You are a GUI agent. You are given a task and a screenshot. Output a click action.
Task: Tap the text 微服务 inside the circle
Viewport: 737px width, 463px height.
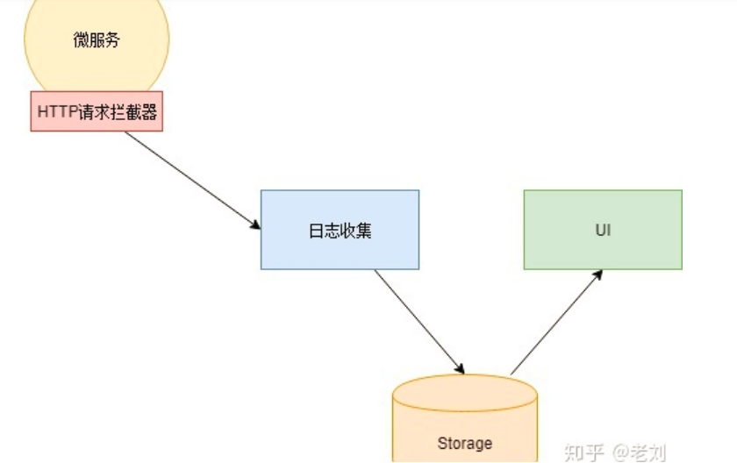(97, 39)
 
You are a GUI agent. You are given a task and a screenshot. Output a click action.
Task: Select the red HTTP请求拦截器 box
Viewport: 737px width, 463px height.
(97, 112)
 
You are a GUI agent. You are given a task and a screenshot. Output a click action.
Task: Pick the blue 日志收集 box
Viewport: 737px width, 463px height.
(340, 230)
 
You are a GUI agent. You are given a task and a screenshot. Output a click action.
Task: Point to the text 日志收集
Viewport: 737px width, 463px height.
(340, 231)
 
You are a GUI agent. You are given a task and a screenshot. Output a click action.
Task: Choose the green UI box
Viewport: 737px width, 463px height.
(603, 230)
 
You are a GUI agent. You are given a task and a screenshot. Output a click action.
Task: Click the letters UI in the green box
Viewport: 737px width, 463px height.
(603, 231)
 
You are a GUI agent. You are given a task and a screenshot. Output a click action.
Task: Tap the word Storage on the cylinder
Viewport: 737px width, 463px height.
(464, 443)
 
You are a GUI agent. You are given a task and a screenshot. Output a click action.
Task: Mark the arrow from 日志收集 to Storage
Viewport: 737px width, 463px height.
(419, 321)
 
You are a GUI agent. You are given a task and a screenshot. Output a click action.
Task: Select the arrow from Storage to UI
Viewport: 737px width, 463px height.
(556, 322)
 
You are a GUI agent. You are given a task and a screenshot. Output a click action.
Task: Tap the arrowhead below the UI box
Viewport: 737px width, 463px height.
(598, 274)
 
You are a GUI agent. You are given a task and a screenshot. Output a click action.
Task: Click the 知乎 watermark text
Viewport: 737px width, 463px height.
(585, 452)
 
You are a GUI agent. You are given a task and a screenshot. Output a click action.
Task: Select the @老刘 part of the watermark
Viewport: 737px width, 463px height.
(640, 452)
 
